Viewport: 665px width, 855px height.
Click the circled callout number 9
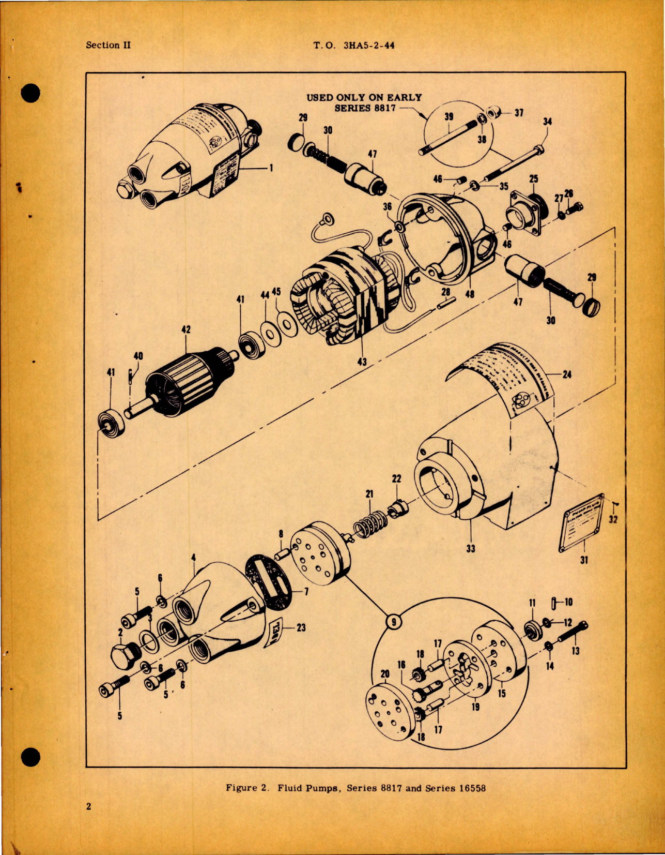394,621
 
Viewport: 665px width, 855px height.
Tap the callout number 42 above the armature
186,329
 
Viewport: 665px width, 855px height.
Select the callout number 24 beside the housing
567,374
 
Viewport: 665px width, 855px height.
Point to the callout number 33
470,548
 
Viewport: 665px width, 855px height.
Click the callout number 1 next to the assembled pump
271,168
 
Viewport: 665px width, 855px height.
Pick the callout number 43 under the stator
362,362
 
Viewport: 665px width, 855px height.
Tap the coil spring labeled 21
370,521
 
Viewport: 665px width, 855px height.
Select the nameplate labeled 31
581,522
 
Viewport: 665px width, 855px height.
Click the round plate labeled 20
389,710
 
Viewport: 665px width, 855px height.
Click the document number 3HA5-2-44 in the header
368,46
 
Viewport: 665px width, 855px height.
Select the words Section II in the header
108,45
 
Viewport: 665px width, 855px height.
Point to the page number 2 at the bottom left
89,806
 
